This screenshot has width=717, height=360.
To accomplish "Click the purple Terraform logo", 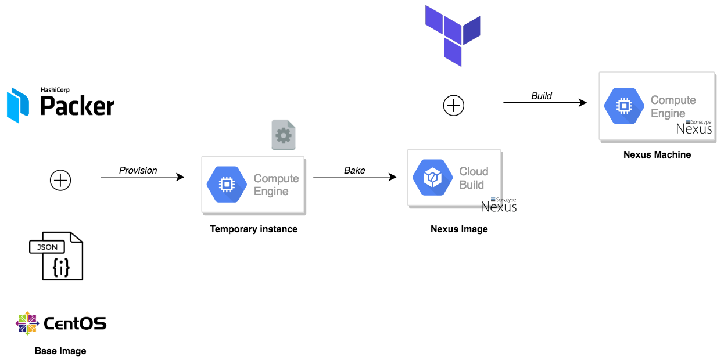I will pyautogui.click(x=453, y=34).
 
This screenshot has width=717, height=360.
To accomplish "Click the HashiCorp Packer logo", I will pyautogui.click(x=60, y=104).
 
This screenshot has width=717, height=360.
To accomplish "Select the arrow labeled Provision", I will pyautogui.click(x=142, y=177).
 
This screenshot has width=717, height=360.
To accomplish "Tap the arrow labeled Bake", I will pyautogui.click(x=355, y=177).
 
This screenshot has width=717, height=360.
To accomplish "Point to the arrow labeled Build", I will pyautogui.click(x=545, y=103).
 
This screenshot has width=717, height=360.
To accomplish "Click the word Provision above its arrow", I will pyautogui.click(x=138, y=170).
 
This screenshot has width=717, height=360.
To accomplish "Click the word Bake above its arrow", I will pyautogui.click(x=354, y=170).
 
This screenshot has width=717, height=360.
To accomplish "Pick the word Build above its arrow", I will pyautogui.click(x=542, y=96).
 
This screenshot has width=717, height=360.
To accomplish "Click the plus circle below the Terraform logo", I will pyautogui.click(x=454, y=106).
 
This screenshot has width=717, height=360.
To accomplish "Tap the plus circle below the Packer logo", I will pyautogui.click(x=60, y=180).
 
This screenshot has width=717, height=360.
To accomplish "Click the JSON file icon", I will pyautogui.click(x=57, y=255).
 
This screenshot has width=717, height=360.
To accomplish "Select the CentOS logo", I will pyautogui.click(x=61, y=323).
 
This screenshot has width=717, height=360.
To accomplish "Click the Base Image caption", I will pyautogui.click(x=60, y=351).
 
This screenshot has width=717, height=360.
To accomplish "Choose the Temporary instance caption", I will pyautogui.click(x=253, y=229).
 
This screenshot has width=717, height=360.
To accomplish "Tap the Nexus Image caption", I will pyautogui.click(x=459, y=229).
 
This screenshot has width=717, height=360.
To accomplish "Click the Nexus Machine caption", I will pyautogui.click(x=657, y=154).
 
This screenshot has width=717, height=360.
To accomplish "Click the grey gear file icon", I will pyautogui.click(x=284, y=135).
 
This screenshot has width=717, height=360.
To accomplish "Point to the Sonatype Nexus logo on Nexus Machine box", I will pyautogui.click(x=695, y=127).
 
